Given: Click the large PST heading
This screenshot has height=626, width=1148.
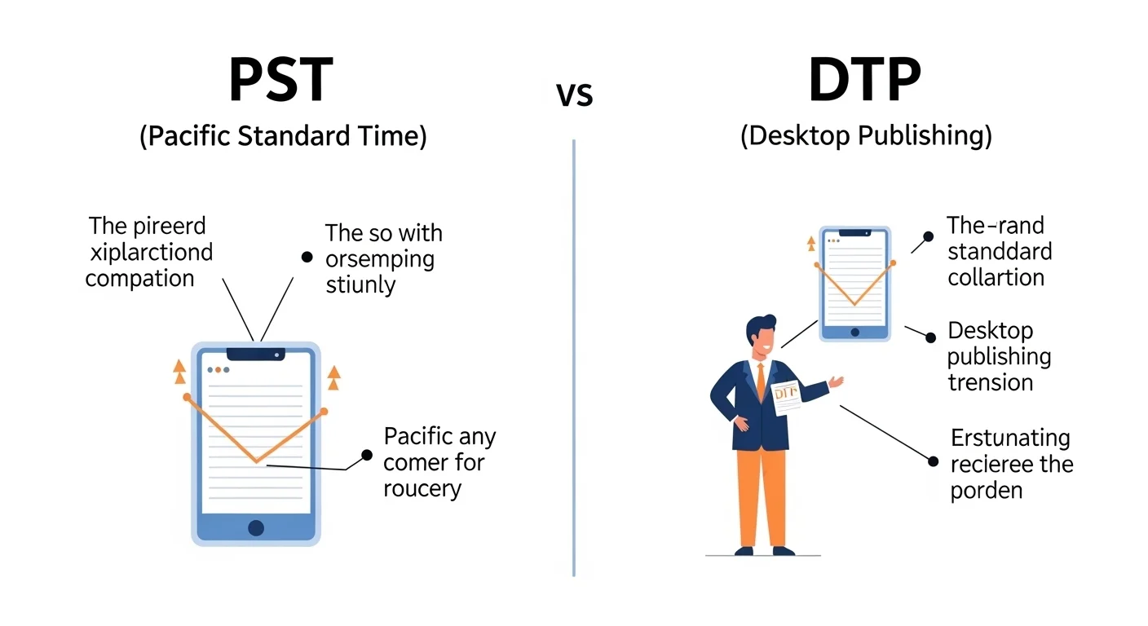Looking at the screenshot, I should pyautogui.click(x=280, y=80).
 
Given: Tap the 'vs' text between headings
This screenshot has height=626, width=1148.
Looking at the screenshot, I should pyautogui.click(x=574, y=95).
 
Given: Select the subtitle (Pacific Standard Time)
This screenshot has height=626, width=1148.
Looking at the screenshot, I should pyautogui.click(x=283, y=135).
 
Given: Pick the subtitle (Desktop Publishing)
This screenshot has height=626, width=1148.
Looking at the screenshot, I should pyautogui.click(x=866, y=135).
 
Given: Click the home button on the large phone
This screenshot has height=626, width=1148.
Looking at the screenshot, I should pyautogui.click(x=256, y=527).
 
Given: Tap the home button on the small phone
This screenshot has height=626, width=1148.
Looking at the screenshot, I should pyautogui.click(x=854, y=332).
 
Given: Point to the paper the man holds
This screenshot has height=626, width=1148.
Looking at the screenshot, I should pyautogui.click(x=785, y=397).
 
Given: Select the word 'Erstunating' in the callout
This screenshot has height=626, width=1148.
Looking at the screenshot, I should pyautogui.click(x=1009, y=439).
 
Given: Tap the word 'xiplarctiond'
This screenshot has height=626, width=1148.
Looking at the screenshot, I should pyautogui.click(x=149, y=252).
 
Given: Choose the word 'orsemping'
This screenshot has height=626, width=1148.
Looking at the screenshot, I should pyautogui.click(x=379, y=260).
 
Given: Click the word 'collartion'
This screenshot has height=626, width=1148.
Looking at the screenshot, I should pyautogui.click(x=996, y=277).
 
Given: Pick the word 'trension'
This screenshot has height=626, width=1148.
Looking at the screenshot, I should pyautogui.click(x=991, y=382).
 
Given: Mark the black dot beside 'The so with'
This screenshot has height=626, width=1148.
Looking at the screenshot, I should pyautogui.click(x=307, y=257).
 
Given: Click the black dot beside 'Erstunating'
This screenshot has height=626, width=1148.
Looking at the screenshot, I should pyautogui.click(x=934, y=461).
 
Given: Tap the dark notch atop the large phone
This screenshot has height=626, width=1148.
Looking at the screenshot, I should pyautogui.click(x=256, y=354).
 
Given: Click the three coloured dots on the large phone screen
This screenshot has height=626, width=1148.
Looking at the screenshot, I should pyautogui.click(x=218, y=370).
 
